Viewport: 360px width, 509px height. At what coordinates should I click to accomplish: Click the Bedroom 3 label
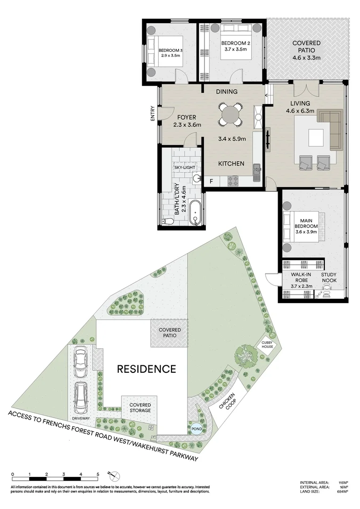click(170, 50)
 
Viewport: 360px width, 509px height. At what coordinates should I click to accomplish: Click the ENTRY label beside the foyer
click(153, 114)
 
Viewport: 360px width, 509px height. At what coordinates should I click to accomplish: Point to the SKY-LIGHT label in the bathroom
click(184, 167)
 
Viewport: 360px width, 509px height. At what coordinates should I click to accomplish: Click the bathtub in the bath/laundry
click(195, 213)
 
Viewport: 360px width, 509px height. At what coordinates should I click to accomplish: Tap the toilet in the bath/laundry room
click(166, 221)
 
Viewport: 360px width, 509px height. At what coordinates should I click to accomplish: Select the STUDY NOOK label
click(328, 278)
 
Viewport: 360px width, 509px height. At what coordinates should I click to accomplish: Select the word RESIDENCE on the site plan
click(146, 369)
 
